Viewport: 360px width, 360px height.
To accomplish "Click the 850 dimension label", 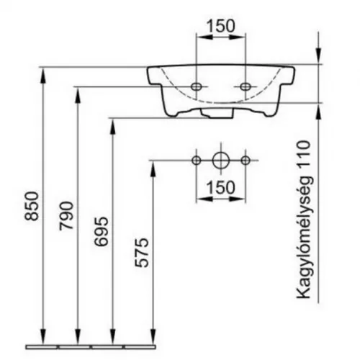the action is [x=32, y=206].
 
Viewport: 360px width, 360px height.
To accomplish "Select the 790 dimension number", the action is [x=66, y=216].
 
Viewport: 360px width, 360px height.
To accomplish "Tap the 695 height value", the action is [x=101, y=232].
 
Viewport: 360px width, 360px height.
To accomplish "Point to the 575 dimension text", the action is [x=141, y=253].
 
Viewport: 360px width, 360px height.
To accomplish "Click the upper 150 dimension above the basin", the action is [x=220, y=26].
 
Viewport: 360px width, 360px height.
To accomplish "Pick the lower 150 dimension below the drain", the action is [x=220, y=187].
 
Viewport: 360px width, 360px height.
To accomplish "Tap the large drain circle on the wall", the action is [x=221, y=161].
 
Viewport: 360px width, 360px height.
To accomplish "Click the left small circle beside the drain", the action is [x=197, y=161].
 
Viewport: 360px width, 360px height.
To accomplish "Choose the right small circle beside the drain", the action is [x=246, y=161].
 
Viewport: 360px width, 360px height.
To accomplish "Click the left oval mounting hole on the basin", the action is [x=197, y=86].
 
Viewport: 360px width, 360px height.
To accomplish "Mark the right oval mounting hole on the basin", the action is [x=246, y=86].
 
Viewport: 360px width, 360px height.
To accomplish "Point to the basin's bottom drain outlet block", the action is [x=217, y=113].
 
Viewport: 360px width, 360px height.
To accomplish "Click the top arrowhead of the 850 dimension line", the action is [x=42, y=76].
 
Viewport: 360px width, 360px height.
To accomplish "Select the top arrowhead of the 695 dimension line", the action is [x=112, y=127].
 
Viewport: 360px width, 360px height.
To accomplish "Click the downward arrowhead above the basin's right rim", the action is [x=318, y=56].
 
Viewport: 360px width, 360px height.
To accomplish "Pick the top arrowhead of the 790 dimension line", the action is [x=77, y=95].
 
